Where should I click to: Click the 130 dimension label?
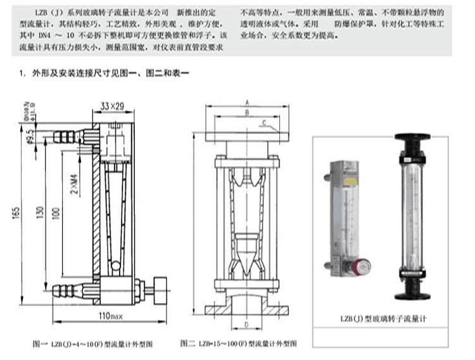[41, 214]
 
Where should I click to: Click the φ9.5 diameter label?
[30, 136]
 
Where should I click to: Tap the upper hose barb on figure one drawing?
[64, 136]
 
